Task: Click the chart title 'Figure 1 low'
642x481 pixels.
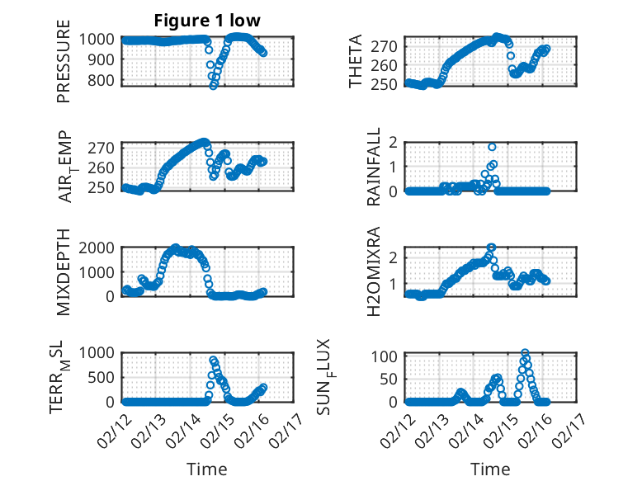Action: (206, 21)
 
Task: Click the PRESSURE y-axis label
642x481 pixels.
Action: (64, 68)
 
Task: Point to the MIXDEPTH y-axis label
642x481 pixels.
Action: (64, 271)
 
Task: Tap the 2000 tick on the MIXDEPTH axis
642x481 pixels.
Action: (99, 247)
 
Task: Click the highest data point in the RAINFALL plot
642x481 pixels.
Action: (492, 147)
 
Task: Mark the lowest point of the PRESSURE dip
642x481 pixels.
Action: (214, 85)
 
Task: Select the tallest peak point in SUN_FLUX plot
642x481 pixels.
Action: (525, 353)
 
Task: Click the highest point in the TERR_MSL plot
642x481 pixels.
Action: (213, 360)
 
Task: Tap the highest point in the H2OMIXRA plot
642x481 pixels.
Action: (491, 247)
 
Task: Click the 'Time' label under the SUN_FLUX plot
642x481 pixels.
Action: (490, 469)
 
